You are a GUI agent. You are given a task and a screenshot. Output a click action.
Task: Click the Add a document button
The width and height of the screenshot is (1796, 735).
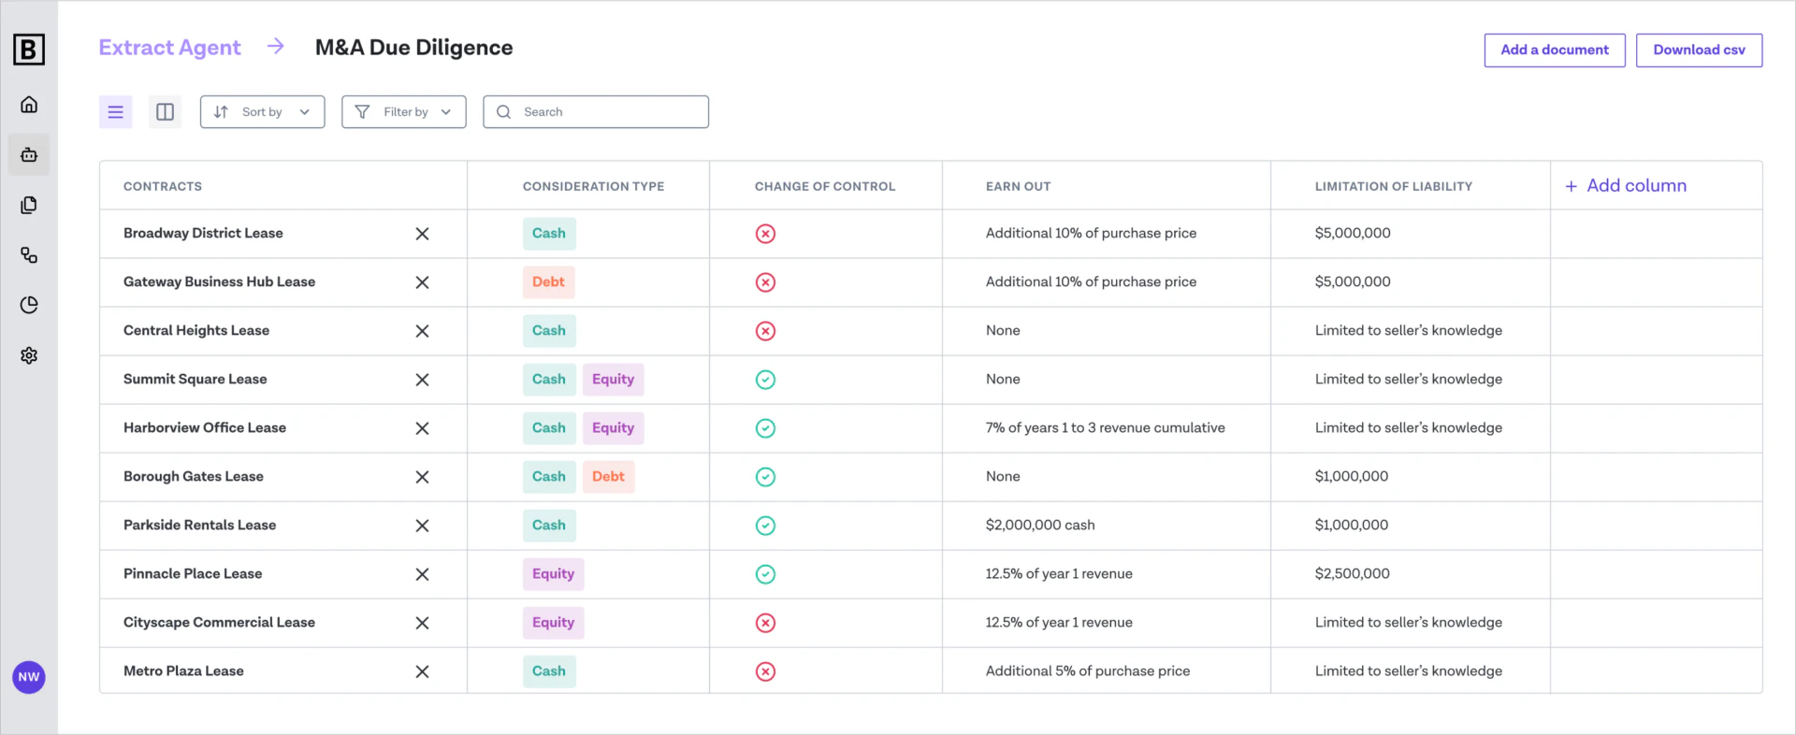(1554, 50)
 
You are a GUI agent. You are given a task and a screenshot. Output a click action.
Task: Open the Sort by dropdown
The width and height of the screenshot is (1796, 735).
(262, 112)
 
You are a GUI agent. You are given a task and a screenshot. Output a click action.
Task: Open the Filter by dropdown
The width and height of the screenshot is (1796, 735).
(404, 112)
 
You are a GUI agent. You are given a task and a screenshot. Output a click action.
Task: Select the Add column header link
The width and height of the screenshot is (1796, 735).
(1626, 186)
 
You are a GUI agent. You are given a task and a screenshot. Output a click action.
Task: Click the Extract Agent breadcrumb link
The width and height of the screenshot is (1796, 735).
(169, 48)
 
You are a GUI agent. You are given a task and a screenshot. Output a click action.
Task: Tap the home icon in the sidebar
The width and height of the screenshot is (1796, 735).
(29, 105)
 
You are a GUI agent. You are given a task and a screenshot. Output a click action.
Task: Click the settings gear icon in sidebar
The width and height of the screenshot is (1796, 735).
(29, 355)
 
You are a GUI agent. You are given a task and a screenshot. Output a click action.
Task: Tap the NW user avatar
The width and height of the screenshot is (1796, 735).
(29, 677)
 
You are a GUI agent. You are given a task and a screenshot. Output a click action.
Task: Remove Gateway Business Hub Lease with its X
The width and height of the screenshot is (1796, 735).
(422, 282)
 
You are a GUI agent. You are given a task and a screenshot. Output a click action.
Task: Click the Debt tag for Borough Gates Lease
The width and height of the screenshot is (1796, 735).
(608, 477)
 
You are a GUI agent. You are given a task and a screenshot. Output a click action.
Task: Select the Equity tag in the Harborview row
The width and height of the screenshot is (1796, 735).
(613, 428)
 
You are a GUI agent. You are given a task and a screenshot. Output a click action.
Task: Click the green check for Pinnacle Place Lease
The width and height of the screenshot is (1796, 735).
(765, 574)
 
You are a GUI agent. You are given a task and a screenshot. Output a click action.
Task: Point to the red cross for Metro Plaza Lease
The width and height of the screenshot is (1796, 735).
(765, 671)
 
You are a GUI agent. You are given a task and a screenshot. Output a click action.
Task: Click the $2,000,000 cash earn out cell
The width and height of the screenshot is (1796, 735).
(1039, 526)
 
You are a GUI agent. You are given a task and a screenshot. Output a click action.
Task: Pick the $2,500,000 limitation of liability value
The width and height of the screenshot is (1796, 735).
(1352, 574)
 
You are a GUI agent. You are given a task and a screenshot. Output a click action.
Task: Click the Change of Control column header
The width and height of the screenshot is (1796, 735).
(824, 187)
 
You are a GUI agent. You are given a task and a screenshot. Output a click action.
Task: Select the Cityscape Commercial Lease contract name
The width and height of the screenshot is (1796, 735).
(219, 623)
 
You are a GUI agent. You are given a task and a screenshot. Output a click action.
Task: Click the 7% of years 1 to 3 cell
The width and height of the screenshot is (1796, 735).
(1105, 428)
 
